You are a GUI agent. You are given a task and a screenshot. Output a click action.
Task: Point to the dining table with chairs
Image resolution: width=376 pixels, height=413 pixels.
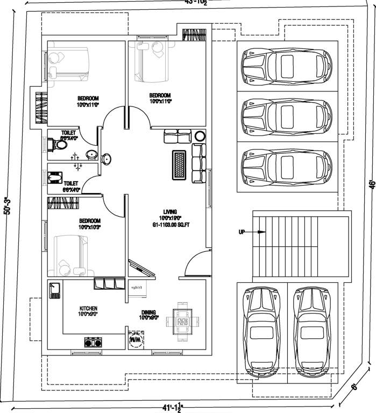tap(182, 323)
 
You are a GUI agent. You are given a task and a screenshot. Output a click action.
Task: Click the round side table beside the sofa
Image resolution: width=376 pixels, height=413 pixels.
tap(200, 136)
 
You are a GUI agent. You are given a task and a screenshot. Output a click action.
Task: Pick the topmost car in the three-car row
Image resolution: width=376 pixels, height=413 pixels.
tap(287, 67)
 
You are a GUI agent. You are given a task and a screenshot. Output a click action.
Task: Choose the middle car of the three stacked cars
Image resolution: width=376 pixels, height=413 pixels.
tap(287, 115)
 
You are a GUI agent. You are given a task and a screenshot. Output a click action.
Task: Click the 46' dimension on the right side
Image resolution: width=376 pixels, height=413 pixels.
tap(371, 184)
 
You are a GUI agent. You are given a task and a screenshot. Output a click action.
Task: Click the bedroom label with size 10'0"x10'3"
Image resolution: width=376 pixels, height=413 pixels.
tap(89, 224)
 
